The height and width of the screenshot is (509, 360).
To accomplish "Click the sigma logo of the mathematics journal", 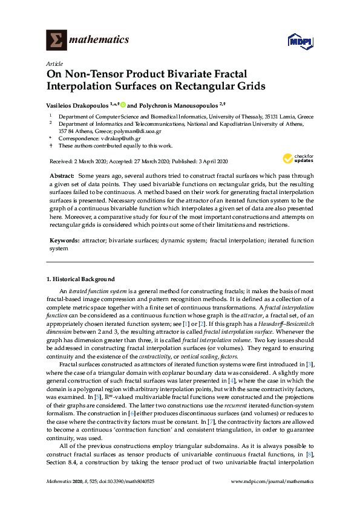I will [56, 41].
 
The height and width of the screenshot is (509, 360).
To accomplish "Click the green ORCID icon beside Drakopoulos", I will [123, 103].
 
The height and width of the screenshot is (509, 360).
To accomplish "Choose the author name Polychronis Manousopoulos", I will [178, 103].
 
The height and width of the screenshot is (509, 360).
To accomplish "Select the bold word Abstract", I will [62, 175].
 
